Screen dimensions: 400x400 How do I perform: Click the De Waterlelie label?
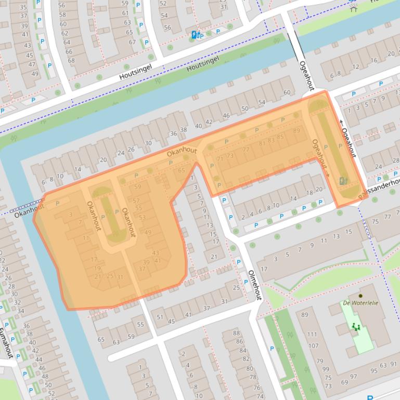(360, 303)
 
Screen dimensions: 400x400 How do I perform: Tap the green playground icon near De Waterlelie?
(356, 327)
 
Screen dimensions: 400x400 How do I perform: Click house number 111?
(312, 335)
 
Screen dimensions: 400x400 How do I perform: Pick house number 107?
(313, 345)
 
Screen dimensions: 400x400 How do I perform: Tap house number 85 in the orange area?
(280, 137)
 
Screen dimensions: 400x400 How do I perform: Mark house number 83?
(270, 140)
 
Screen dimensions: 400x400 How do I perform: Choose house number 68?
(71, 60)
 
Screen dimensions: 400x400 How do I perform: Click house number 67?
(132, 42)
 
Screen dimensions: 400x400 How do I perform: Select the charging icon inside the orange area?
(342, 181)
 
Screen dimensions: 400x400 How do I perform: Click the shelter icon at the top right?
(354, 8)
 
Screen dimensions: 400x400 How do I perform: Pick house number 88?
(237, 333)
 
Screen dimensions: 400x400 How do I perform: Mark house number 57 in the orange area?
(136, 201)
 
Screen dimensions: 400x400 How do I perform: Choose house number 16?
(373, 60)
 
